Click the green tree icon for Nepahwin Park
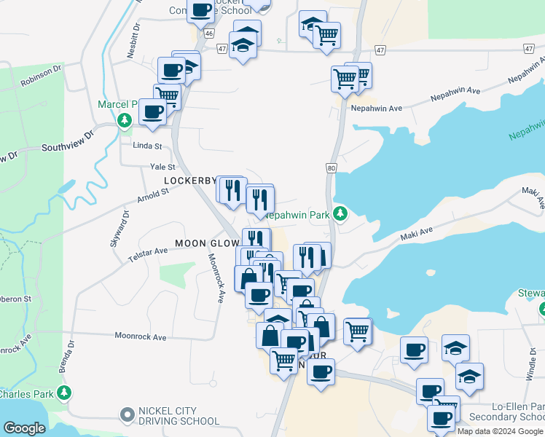[x=339, y=213]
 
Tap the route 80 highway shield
[x=332, y=168]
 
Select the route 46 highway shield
[x=210, y=34]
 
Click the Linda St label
[x=146, y=146]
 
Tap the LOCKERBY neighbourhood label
[x=189, y=180]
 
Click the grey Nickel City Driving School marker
[x=128, y=414]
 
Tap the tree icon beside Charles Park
[x=64, y=393]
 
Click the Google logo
[x=25, y=429]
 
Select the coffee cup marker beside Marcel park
[x=153, y=112]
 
